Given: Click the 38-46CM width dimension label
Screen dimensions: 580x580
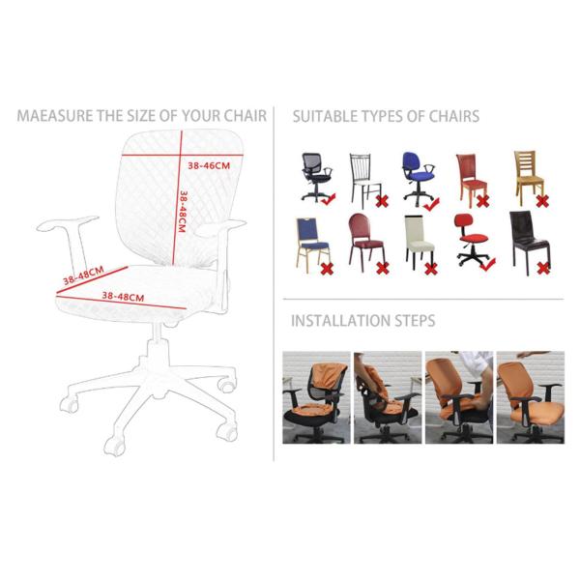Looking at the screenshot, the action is [209, 165].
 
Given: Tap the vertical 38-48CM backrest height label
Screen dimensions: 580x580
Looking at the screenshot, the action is [182, 212].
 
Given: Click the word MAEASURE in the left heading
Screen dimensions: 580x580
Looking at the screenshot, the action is [55, 116].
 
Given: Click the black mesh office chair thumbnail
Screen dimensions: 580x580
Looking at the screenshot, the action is [316, 177].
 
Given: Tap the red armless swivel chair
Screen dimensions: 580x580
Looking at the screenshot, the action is [472, 240].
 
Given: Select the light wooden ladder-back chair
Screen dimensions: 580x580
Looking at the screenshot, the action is [528, 178].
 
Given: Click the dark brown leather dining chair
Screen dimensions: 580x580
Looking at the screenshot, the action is [530, 243].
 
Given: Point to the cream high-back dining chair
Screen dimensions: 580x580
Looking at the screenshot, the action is [420, 242].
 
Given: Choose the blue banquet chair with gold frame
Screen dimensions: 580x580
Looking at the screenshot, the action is [312, 245].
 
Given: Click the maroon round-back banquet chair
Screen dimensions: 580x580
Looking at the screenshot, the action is [366, 242].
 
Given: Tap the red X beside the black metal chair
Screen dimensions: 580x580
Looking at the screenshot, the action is [382, 202].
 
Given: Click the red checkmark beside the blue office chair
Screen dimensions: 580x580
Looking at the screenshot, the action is [431, 204].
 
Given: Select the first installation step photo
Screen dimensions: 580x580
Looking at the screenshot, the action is [316, 397].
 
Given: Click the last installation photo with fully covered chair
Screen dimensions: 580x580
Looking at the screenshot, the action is [531, 397].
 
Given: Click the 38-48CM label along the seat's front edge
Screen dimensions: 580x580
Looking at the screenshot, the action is [123, 297].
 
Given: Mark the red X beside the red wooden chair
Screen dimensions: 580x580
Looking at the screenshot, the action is [482, 201].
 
